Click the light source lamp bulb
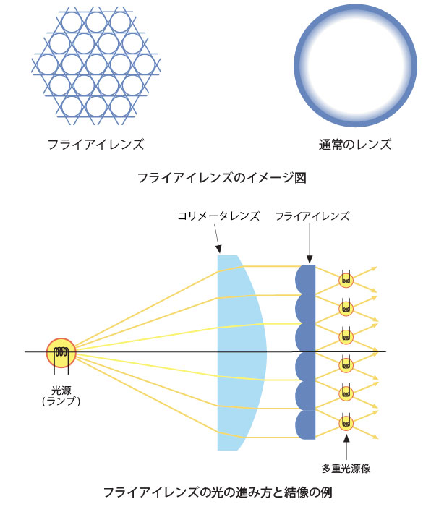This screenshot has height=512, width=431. coord(61,353)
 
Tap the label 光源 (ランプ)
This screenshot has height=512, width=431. coord(61,396)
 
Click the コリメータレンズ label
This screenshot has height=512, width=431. coord(218,216)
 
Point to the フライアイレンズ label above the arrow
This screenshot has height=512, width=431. coord(312,216)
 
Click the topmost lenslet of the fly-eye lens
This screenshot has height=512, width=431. coord(306,279)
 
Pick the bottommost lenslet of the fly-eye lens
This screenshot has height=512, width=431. coord(306,424)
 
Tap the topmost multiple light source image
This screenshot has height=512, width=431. coord(346,280)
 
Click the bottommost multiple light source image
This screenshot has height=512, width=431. coord(346,423)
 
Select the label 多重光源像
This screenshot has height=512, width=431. coord(346,469)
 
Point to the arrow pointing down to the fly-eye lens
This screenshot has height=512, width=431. coord(310,243)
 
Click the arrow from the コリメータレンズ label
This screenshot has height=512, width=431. coord(217,239)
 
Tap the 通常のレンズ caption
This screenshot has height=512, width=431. coord(355,144)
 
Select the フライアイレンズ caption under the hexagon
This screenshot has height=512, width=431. coord(95,144)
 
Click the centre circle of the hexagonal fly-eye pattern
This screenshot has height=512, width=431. coord(96,64)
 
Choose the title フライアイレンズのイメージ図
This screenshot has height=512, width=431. coord(222,178)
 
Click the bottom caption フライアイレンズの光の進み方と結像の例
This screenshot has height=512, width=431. coord(218,492)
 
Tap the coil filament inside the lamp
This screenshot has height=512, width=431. coord(61,352)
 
